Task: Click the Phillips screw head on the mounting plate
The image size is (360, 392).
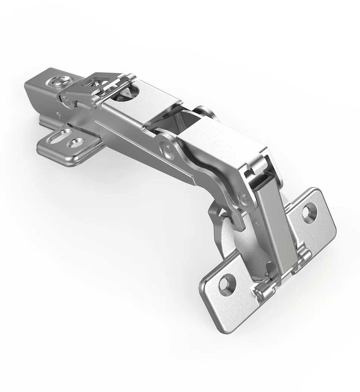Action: [60, 81]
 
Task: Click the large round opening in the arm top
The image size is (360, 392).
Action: [130, 92]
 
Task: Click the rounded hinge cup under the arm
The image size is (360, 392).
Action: [242, 241]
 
